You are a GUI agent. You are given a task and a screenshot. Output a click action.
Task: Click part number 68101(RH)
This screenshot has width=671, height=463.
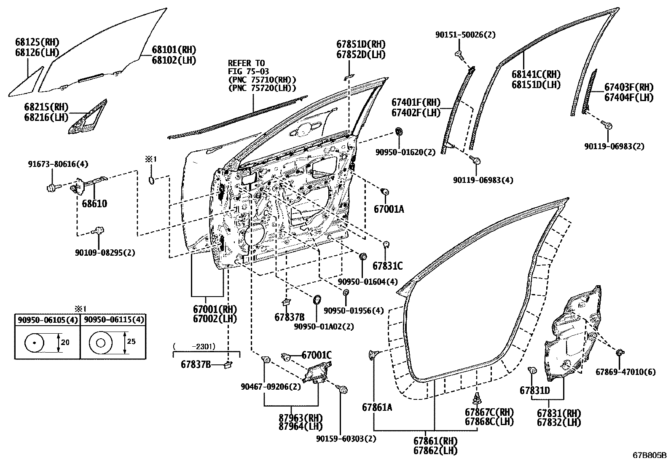click(x=174, y=50)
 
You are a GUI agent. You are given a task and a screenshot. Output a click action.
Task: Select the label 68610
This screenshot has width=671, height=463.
click(x=94, y=204)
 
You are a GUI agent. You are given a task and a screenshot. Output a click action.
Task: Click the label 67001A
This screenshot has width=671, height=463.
click(x=389, y=209)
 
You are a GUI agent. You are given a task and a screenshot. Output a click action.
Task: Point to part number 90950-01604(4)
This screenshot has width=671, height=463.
click(x=368, y=281)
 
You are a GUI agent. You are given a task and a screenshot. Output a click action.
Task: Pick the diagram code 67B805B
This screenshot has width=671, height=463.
click(x=650, y=456)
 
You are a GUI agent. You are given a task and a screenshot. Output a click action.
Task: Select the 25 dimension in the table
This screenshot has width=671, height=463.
click(x=131, y=341)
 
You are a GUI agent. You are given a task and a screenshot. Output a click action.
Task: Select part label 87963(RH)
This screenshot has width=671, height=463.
click(x=300, y=418)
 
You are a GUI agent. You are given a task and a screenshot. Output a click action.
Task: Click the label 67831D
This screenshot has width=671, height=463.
click(x=534, y=391)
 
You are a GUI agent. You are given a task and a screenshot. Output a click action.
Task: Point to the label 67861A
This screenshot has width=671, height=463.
click(x=377, y=407)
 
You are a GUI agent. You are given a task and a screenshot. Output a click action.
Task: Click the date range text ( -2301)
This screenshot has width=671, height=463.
click(x=194, y=347)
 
